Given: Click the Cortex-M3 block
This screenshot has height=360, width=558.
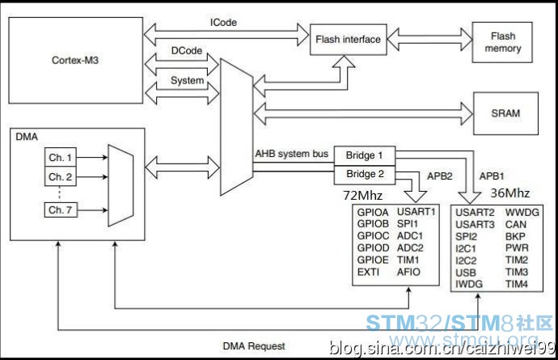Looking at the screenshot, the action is coord(75,60).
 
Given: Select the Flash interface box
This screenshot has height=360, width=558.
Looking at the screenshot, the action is coord(348,40).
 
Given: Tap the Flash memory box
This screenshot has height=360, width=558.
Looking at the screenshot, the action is coord(502,42).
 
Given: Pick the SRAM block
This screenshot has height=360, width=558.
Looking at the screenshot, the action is coord(505,113).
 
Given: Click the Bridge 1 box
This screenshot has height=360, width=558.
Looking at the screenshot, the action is coord(365,155).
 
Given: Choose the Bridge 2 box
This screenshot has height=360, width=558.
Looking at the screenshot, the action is coord(365,175).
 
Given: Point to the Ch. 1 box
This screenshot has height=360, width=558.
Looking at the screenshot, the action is coord(60,157).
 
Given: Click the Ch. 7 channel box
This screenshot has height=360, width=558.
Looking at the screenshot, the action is coord(61,210).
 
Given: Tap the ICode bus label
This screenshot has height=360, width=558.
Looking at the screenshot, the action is coord(223,23).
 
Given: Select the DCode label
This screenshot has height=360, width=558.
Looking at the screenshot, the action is coord(187,51).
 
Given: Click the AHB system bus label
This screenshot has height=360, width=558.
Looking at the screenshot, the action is coord(291,154).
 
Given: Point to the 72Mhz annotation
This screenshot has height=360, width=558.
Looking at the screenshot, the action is coord(362,196).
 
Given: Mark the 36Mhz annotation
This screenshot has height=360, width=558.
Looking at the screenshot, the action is coord(510,193).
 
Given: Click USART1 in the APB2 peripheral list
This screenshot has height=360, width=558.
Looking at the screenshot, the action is coord(416,211).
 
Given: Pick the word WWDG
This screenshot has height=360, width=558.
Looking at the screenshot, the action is coord(522,213).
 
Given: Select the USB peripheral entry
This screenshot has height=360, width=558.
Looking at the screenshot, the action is coord(466,273).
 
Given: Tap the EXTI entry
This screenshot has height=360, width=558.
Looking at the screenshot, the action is coord(368,272).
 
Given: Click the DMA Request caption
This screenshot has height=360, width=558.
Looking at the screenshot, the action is coord(254,345).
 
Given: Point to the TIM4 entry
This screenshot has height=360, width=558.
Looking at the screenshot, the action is coord(517,284).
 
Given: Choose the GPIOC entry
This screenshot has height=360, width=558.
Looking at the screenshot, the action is coord(373,235).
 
